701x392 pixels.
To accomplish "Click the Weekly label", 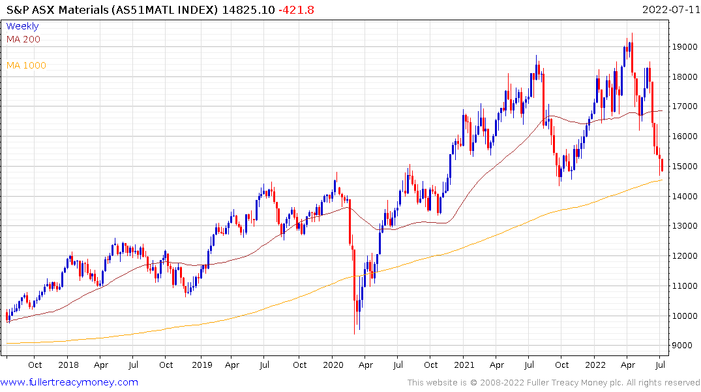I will (x=22, y=26).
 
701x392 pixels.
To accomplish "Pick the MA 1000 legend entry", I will (x=26, y=65).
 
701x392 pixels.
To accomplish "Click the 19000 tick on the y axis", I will (x=684, y=47).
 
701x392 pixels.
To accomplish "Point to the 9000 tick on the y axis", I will (x=682, y=346).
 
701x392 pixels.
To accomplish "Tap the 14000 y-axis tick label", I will (x=684, y=196).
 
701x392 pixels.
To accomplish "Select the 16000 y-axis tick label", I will (x=684, y=137).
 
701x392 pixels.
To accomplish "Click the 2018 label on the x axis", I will (x=68, y=365).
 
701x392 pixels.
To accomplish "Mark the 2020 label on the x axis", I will (x=333, y=365).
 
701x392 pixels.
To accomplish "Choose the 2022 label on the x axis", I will (x=596, y=365).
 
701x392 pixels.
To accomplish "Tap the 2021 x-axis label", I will (x=464, y=365).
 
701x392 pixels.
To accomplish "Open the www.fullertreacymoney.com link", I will (x=69, y=382).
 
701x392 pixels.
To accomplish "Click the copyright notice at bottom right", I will (x=554, y=382).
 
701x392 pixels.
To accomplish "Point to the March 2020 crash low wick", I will (x=355, y=330).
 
